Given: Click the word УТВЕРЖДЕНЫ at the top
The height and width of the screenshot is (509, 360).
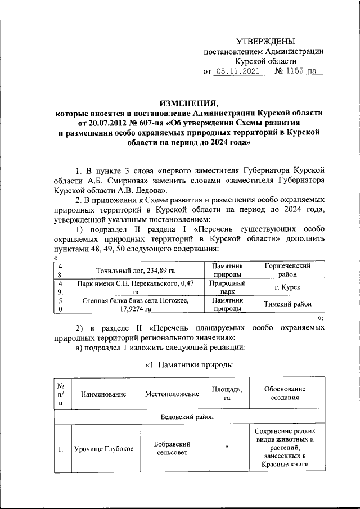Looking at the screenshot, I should coord(264,41).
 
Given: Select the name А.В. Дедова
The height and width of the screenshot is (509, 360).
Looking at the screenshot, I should coord(129,190).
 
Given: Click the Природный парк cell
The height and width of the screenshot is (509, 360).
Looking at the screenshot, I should coord(227,287).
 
